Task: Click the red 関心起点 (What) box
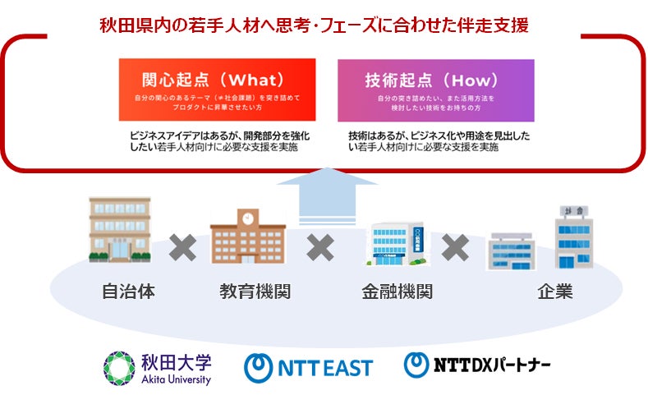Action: pos(217,90)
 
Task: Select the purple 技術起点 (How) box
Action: pos(435,90)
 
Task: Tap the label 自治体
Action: pos(128,292)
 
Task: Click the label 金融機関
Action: pos(397,292)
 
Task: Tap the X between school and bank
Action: pos(320,246)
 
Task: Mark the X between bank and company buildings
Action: pos(455,246)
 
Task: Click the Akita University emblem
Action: pos(117,366)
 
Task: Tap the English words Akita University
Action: pos(175,379)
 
